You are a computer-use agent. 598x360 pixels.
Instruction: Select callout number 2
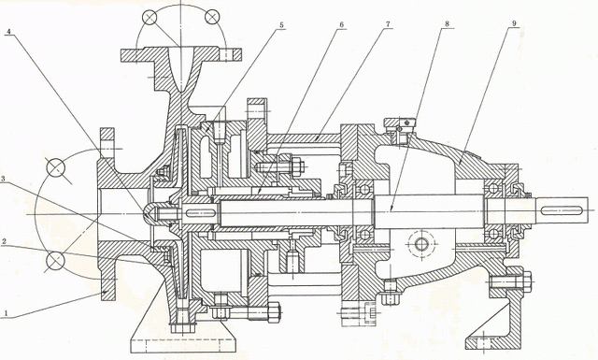(4, 241)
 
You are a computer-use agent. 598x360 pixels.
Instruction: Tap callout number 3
(3, 179)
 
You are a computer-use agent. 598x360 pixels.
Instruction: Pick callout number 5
(281, 25)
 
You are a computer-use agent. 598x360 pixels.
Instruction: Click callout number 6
(341, 24)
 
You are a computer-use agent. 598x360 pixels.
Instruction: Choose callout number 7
(388, 24)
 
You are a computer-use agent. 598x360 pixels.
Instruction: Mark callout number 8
(447, 23)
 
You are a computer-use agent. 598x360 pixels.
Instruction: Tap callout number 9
(514, 23)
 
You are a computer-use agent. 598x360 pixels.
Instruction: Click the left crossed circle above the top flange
(149, 17)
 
